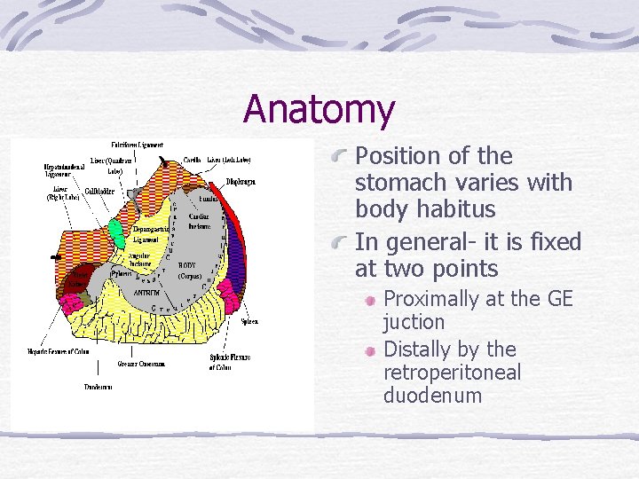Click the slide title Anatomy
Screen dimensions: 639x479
tap(319, 109)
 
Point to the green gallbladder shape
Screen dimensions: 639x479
tap(116, 232)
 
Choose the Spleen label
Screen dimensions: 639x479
tap(249, 321)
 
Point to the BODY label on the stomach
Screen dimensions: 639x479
tap(187, 265)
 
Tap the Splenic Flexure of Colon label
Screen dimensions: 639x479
tap(230, 361)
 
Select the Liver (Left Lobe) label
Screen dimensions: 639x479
tap(229, 160)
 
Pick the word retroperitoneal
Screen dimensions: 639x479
tap(452, 373)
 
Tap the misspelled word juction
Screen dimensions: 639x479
tap(414, 321)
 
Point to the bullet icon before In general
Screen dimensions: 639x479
tap(339, 243)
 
